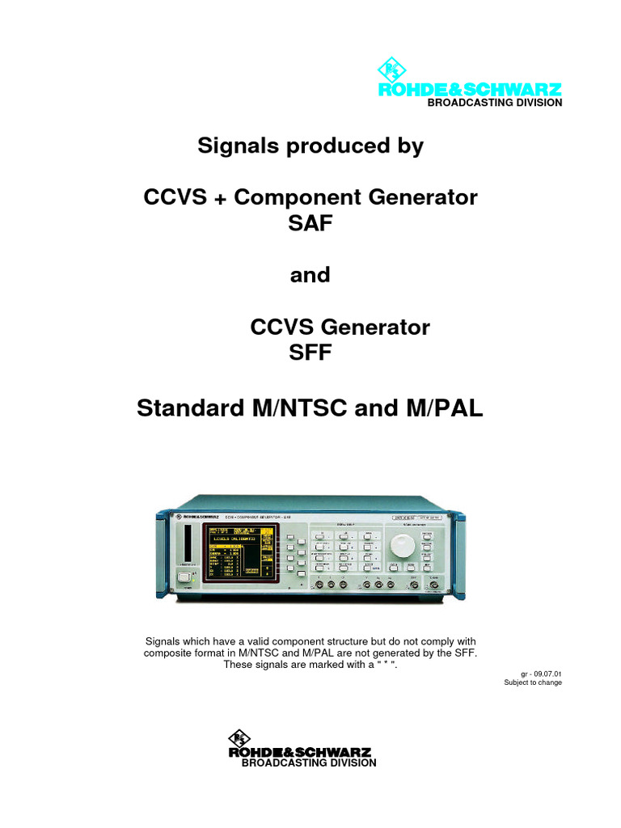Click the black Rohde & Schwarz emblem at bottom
(240, 737)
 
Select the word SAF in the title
(310, 224)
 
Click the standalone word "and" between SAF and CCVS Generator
(310, 275)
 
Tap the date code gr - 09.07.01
(542, 673)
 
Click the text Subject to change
(533, 682)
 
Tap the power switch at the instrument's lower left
(184, 577)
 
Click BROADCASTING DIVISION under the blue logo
(494, 103)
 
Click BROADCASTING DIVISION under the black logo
(310, 763)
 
